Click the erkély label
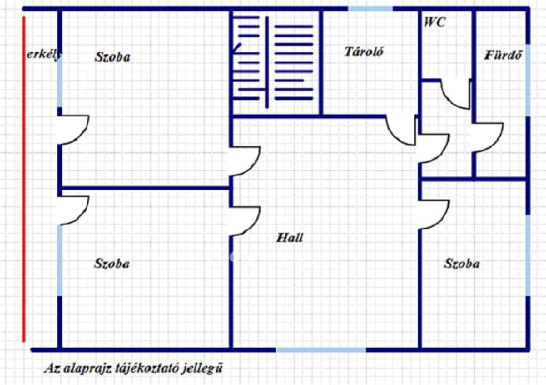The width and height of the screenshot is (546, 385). [44, 54]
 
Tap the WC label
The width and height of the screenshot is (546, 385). [435, 22]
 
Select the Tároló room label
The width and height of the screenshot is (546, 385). [364, 52]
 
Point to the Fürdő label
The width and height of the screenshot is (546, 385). [503, 54]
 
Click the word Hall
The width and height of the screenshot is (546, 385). [290, 238]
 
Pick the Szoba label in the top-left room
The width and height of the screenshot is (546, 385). [113, 57]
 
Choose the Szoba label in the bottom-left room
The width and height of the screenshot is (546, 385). [112, 263]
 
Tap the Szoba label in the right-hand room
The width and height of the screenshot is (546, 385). [462, 263]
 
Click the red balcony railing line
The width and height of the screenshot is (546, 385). [23, 179]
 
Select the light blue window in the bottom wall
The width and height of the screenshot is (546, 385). [320, 350]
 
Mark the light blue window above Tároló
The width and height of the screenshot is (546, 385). [371, 9]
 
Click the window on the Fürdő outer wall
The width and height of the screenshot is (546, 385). [528, 81]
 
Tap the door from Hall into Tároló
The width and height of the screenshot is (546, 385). [401, 130]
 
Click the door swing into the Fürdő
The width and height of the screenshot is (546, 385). [487, 138]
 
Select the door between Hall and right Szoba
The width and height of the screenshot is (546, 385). [434, 214]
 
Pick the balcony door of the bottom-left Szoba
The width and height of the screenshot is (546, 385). [73, 210]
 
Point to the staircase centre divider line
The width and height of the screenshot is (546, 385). [267, 62]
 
